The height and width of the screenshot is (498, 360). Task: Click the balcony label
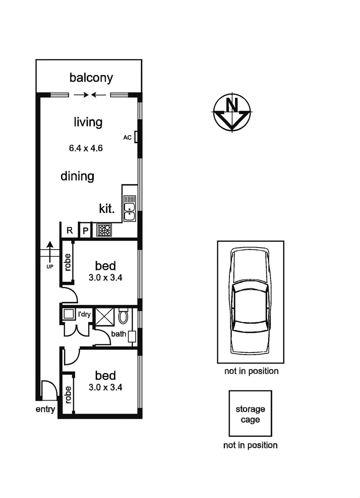[x=91, y=77]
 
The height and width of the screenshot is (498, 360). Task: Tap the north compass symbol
[x=232, y=112]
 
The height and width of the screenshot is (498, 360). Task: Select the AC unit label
[x=127, y=137]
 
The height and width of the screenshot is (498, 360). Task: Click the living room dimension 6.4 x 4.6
[x=85, y=148]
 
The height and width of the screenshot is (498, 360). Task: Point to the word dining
[x=78, y=176]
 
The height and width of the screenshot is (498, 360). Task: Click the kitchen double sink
[x=130, y=209]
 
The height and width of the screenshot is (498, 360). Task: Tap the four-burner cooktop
[x=104, y=230]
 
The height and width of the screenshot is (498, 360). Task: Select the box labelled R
[x=70, y=231]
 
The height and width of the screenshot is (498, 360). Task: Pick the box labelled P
[x=85, y=231]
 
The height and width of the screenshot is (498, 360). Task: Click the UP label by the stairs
[x=50, y=267]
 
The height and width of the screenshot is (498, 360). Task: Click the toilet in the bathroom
[x=123, y=316]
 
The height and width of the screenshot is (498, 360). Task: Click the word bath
[x=118, y=334]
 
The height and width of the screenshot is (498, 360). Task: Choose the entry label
[x=45, y=409]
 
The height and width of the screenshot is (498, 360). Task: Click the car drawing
[x=250, y=302]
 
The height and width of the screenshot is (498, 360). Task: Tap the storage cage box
[x=250, y=414]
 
